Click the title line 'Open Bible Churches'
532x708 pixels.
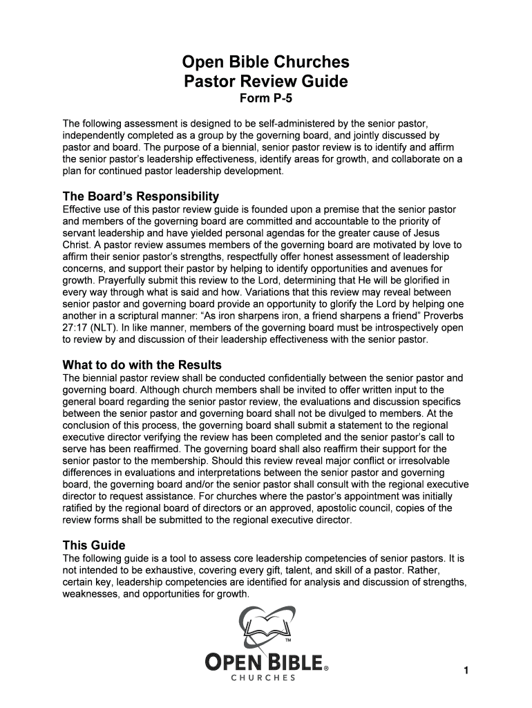coord(266,64)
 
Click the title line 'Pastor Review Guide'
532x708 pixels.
coord(266,82)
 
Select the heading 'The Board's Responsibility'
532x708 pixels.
coord(140,196)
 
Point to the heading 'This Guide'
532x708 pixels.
coord(94,546)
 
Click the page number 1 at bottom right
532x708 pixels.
coord(467,671)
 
